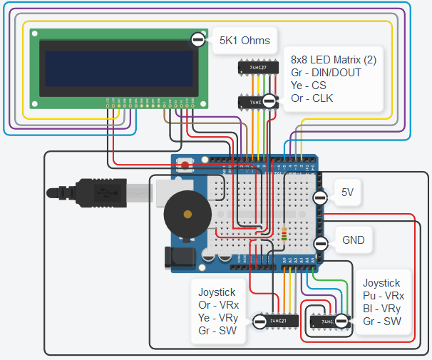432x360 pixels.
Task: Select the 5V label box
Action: click(347, 192)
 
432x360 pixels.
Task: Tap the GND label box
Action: click(353, 240)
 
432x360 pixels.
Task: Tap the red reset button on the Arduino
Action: click(186, 166)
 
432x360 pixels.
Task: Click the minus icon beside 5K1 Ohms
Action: click(198, 41)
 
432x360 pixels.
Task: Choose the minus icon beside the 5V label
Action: click(321, 193)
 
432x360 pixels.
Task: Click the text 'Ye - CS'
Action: click(312, 86)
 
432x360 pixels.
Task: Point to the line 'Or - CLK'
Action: click(312, 98)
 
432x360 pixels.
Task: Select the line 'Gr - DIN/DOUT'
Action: click(326, 73)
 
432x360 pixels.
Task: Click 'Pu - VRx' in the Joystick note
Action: click(384, 296)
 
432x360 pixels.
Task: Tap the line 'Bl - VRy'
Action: click(383, 309)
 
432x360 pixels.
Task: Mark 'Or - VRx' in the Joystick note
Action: click(219, 304)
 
